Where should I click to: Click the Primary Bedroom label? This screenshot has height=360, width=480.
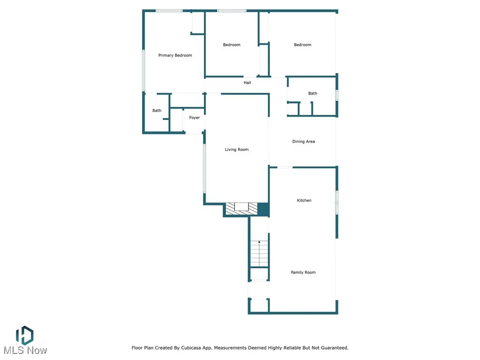click(x=175, y=55)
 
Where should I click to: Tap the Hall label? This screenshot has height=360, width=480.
click(x=247, y=83)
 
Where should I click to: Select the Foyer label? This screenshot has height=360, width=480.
click(x=195, y=118)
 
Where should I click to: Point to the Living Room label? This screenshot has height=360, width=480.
click(x=237, y=150)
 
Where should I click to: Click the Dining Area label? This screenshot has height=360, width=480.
click(x=303, y=142)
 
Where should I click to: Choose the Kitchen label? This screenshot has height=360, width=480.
click(x=304, y=201)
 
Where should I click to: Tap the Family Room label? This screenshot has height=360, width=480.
click(x=303, y=272)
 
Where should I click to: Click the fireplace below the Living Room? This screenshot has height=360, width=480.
click(x=241, y=209)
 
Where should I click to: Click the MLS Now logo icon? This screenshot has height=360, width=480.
click(x=24, y=335)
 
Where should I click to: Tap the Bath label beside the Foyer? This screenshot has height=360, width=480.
click(x=157, y=111)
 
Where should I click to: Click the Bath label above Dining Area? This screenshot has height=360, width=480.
click(x=313, y=93)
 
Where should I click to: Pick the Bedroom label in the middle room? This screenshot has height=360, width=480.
click(x=232, y=45)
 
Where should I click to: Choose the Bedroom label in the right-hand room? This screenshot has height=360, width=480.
click(x=302, y=45)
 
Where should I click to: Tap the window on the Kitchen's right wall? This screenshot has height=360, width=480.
click(x=337, y=202)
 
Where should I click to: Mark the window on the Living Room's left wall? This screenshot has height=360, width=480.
click(x=204, y=168)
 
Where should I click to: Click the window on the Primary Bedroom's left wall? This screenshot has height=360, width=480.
click(x=144, y=70)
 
